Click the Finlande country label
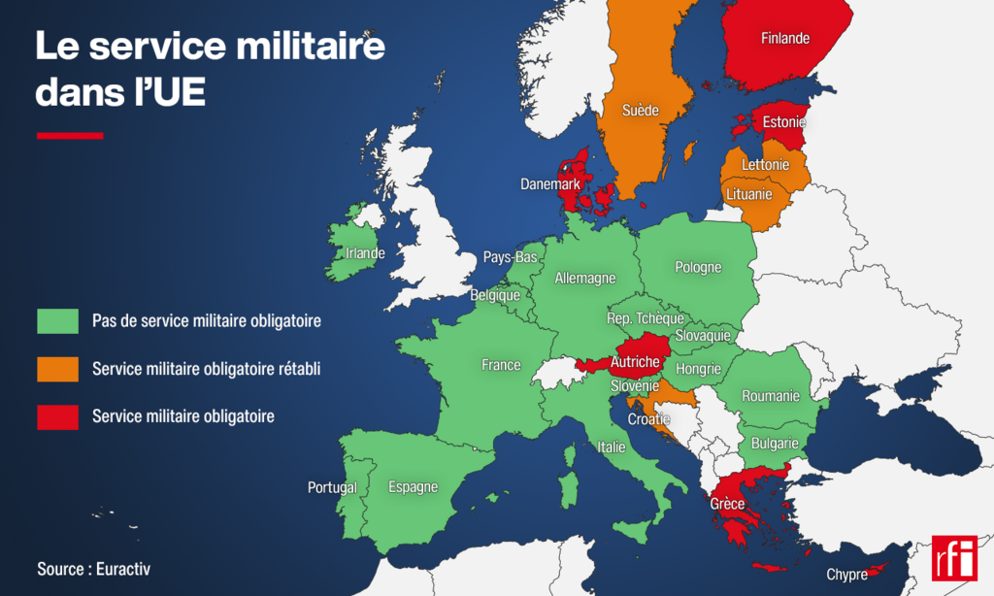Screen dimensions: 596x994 pyautogui.click(x=785, y=40)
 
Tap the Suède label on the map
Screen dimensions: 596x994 pyautogui.click(x=640, y=110)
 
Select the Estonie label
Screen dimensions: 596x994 pyautogui.click(x=783, y=123)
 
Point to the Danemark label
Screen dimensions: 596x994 pyautogui.click(x=550, y=183)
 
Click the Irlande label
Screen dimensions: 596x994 pyautogui.click(x=365, y=253)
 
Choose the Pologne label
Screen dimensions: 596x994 pyautogui.click(x=698, y=267)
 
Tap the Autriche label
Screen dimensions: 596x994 pyautogui.click(x=635, y=362)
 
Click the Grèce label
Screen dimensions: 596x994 pyautogui.click(x=727, y=504)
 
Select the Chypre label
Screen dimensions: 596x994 pyautogui.click(x=846, y=575)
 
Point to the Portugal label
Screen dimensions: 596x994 pyautogui.click(x=332, y=487)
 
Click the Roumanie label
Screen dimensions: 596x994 pyautogui.click(x=770, y=396)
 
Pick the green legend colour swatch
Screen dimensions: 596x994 pyautogui.click(x=57, y=320)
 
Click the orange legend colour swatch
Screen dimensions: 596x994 pyautogui.click(x=57, y=369)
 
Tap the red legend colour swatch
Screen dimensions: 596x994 pyautogui.click(x=57, y=416)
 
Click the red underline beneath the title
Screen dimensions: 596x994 pyautogui.click(x=69, y=136)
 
